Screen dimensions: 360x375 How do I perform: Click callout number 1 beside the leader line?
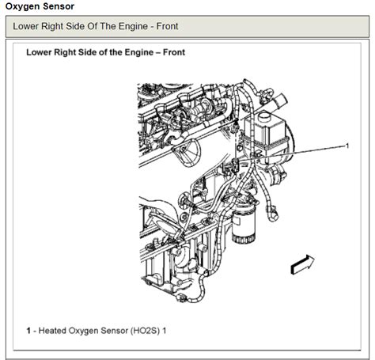click(347, 146)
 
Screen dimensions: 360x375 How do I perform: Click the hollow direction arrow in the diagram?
click(302, 263)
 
